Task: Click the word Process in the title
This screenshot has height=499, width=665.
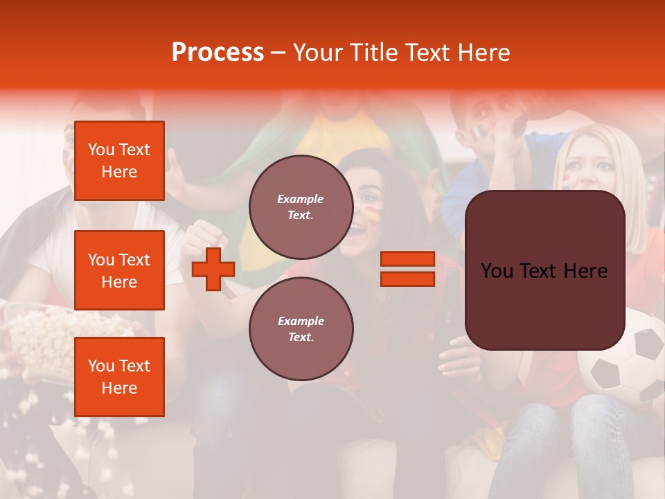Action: click(x=218, y=53)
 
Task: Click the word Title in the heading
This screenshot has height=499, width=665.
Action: click(x=372, y=53)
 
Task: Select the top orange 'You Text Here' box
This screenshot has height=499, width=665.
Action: click(x=119, y=161)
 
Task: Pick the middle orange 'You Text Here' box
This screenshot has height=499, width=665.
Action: click(x=119, y=270)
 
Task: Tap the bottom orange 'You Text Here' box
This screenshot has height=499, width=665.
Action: click(x=119, y=377)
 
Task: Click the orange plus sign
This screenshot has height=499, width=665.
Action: click(x=213, y=270)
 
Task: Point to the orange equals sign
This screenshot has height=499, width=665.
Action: click(x=407, y=269)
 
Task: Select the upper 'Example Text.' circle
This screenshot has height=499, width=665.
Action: click(x=301, y=207)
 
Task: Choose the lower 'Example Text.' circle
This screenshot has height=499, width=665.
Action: click(x=301, y=329)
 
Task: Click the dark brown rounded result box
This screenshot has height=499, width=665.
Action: click(x=544, y=270)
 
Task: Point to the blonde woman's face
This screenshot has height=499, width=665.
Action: click(x=589, y=170)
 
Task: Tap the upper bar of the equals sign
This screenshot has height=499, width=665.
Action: click(x=407, y=259)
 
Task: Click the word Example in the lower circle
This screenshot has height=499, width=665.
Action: click(x=301, y=321)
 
